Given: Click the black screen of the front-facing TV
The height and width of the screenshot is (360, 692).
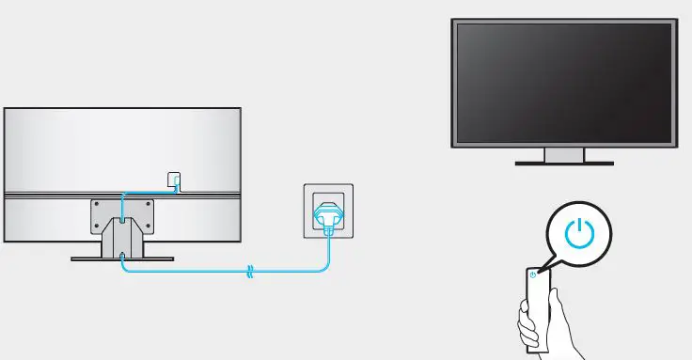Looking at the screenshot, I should tap(563, 82).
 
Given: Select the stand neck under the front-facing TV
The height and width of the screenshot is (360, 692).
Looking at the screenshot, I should tap(564, 154).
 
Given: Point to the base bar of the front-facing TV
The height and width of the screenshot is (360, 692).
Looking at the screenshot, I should tap(564, 164).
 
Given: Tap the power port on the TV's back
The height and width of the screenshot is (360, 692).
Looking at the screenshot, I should tap(173, 179).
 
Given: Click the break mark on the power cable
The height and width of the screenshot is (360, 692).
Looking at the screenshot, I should tap(249, 272).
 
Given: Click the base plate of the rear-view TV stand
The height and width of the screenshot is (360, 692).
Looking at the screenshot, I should tap(122, 257).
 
